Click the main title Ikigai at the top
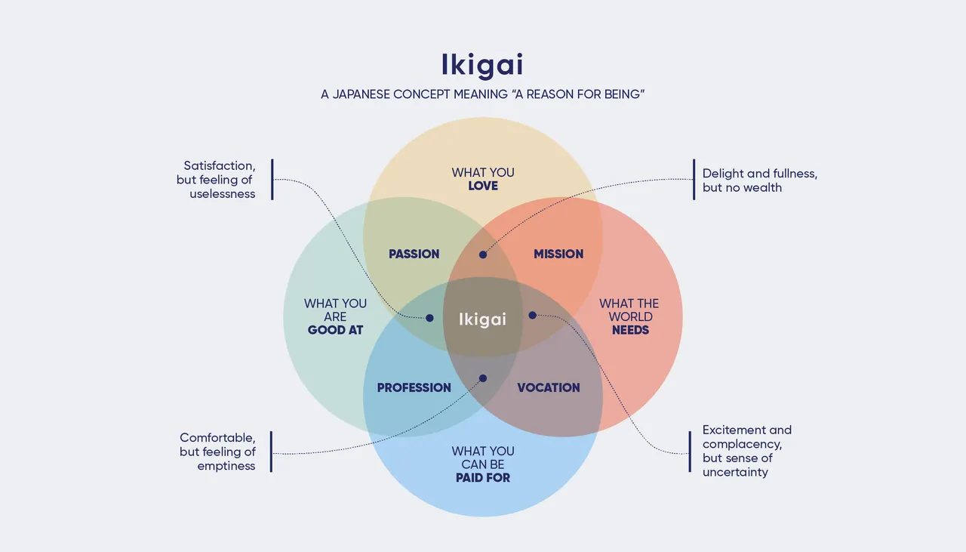click(482, 65)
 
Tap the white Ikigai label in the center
click(482, 319)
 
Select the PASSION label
click(414, 254)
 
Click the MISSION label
click(558, 254)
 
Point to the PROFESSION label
click(414, 388)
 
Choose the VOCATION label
click(549, 388)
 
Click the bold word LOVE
click(483, 186)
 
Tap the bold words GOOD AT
click(335, 330)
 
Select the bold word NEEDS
click(630, 330)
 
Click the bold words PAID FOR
click(483, 478)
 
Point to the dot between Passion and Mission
click(483, 254)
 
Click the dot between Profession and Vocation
click(483, 378)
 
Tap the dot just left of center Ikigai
click(429, 318)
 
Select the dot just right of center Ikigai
click(532, 315)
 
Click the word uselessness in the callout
click(223, 194)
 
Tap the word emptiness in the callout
click(226, 466)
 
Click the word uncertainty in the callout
click(735, 472)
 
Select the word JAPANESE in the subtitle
click(361, 96)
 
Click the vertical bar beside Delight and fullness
click(694, 180)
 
